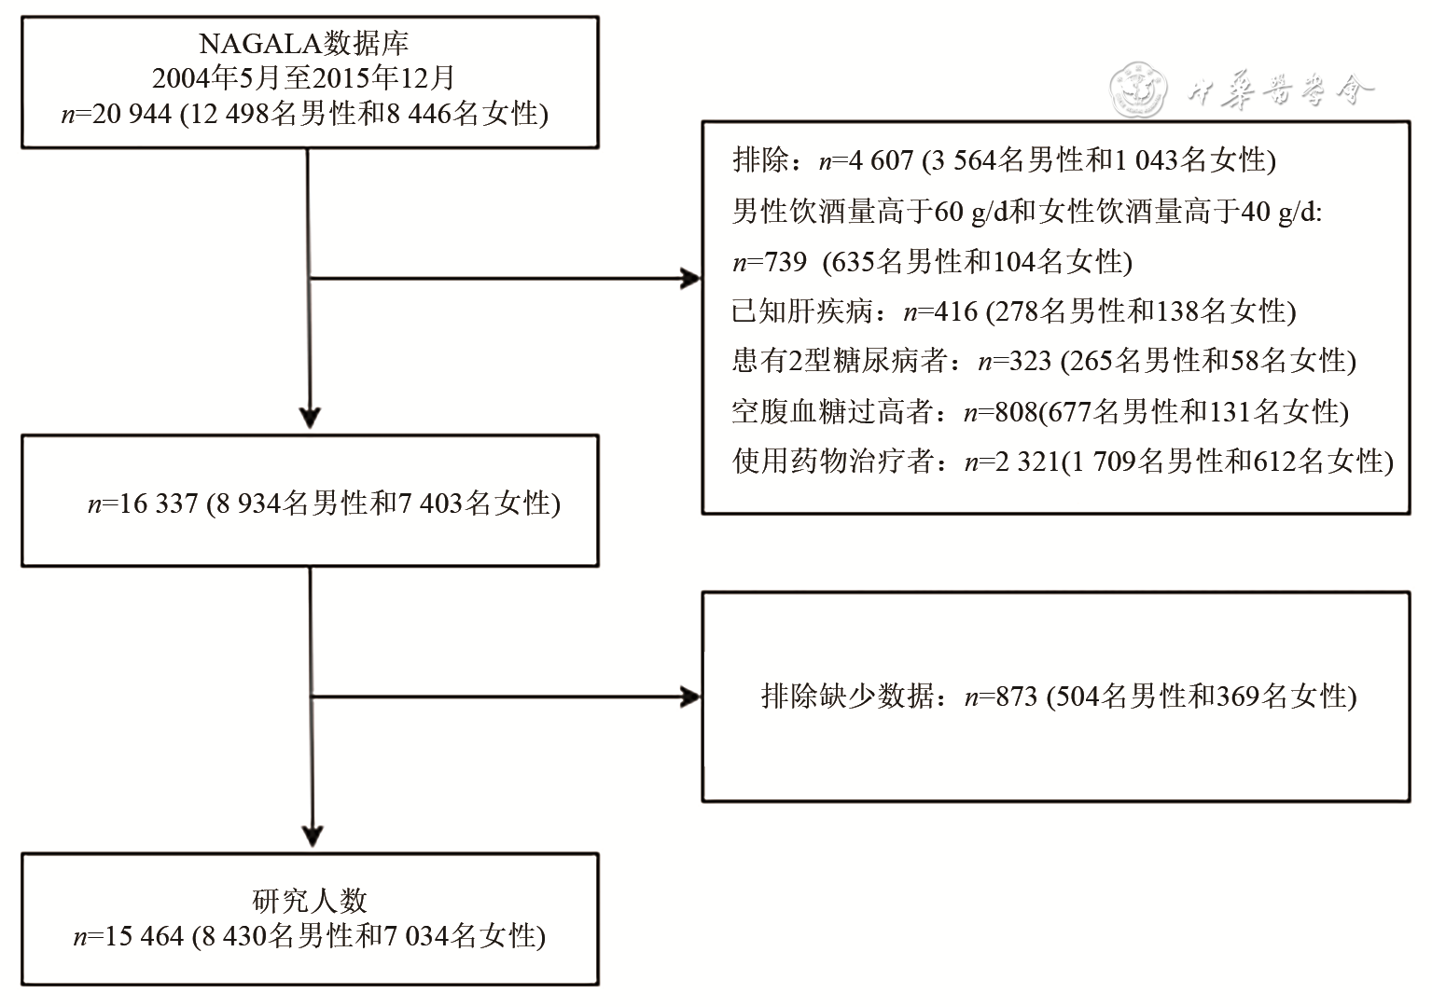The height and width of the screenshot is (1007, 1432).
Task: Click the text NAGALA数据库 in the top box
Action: click(304, 43)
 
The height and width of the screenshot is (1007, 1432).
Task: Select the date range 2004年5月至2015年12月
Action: click(304, 78)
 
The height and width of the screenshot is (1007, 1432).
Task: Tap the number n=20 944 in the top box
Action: click(117, 114)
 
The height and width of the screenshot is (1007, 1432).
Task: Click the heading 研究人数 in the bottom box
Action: click(310, 901)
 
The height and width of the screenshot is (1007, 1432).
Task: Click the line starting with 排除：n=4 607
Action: click(1004, 160)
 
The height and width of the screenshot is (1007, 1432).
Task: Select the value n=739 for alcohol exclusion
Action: click(770, 261)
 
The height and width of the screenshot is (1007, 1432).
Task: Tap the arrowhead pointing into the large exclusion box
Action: click(690, 278)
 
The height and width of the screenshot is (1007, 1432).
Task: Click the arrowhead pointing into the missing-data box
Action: click(690, 697)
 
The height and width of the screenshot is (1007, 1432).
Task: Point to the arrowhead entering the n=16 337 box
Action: click(310, 417)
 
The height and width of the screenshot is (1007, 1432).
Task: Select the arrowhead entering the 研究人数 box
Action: click(312, 835)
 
